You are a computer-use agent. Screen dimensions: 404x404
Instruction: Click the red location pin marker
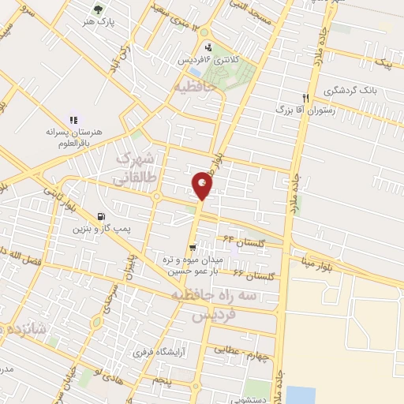203,185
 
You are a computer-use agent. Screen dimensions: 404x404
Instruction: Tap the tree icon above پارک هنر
97,10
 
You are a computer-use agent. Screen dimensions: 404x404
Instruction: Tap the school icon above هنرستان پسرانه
73,121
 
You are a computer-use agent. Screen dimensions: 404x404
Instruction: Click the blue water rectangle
301,395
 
